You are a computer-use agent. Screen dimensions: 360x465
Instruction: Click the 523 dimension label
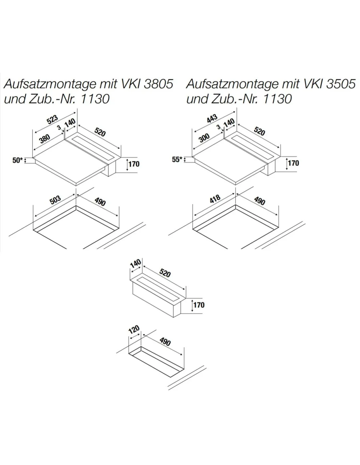[52, 119]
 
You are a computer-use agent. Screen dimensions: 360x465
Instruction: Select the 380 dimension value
[45, 139]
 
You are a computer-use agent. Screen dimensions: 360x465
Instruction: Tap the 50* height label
[18, 160]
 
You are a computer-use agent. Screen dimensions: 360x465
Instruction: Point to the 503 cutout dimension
[55, 200]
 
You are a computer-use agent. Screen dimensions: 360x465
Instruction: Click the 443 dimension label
[212, 119]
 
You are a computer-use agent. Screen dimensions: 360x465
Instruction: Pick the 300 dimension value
[204, 138]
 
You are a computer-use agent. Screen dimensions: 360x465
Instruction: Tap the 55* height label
[177, 160]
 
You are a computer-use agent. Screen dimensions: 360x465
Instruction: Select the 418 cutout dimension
[215, 199]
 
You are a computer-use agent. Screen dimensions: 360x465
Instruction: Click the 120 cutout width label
[134, 330]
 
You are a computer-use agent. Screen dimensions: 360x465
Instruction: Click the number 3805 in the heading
[158, 84]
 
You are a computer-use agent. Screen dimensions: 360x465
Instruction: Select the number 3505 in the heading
[341, 84]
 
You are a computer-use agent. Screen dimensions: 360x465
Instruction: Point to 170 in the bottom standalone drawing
[199, 305]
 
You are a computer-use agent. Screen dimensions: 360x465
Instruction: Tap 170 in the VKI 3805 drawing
[134, 164]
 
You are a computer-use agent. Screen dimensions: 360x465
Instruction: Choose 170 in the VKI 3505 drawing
[293, 163]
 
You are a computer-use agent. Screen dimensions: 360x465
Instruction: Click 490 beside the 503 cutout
[100, 202]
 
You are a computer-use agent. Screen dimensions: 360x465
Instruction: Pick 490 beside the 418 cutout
[260, 201]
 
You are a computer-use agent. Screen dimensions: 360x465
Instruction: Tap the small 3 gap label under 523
[59, 128]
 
